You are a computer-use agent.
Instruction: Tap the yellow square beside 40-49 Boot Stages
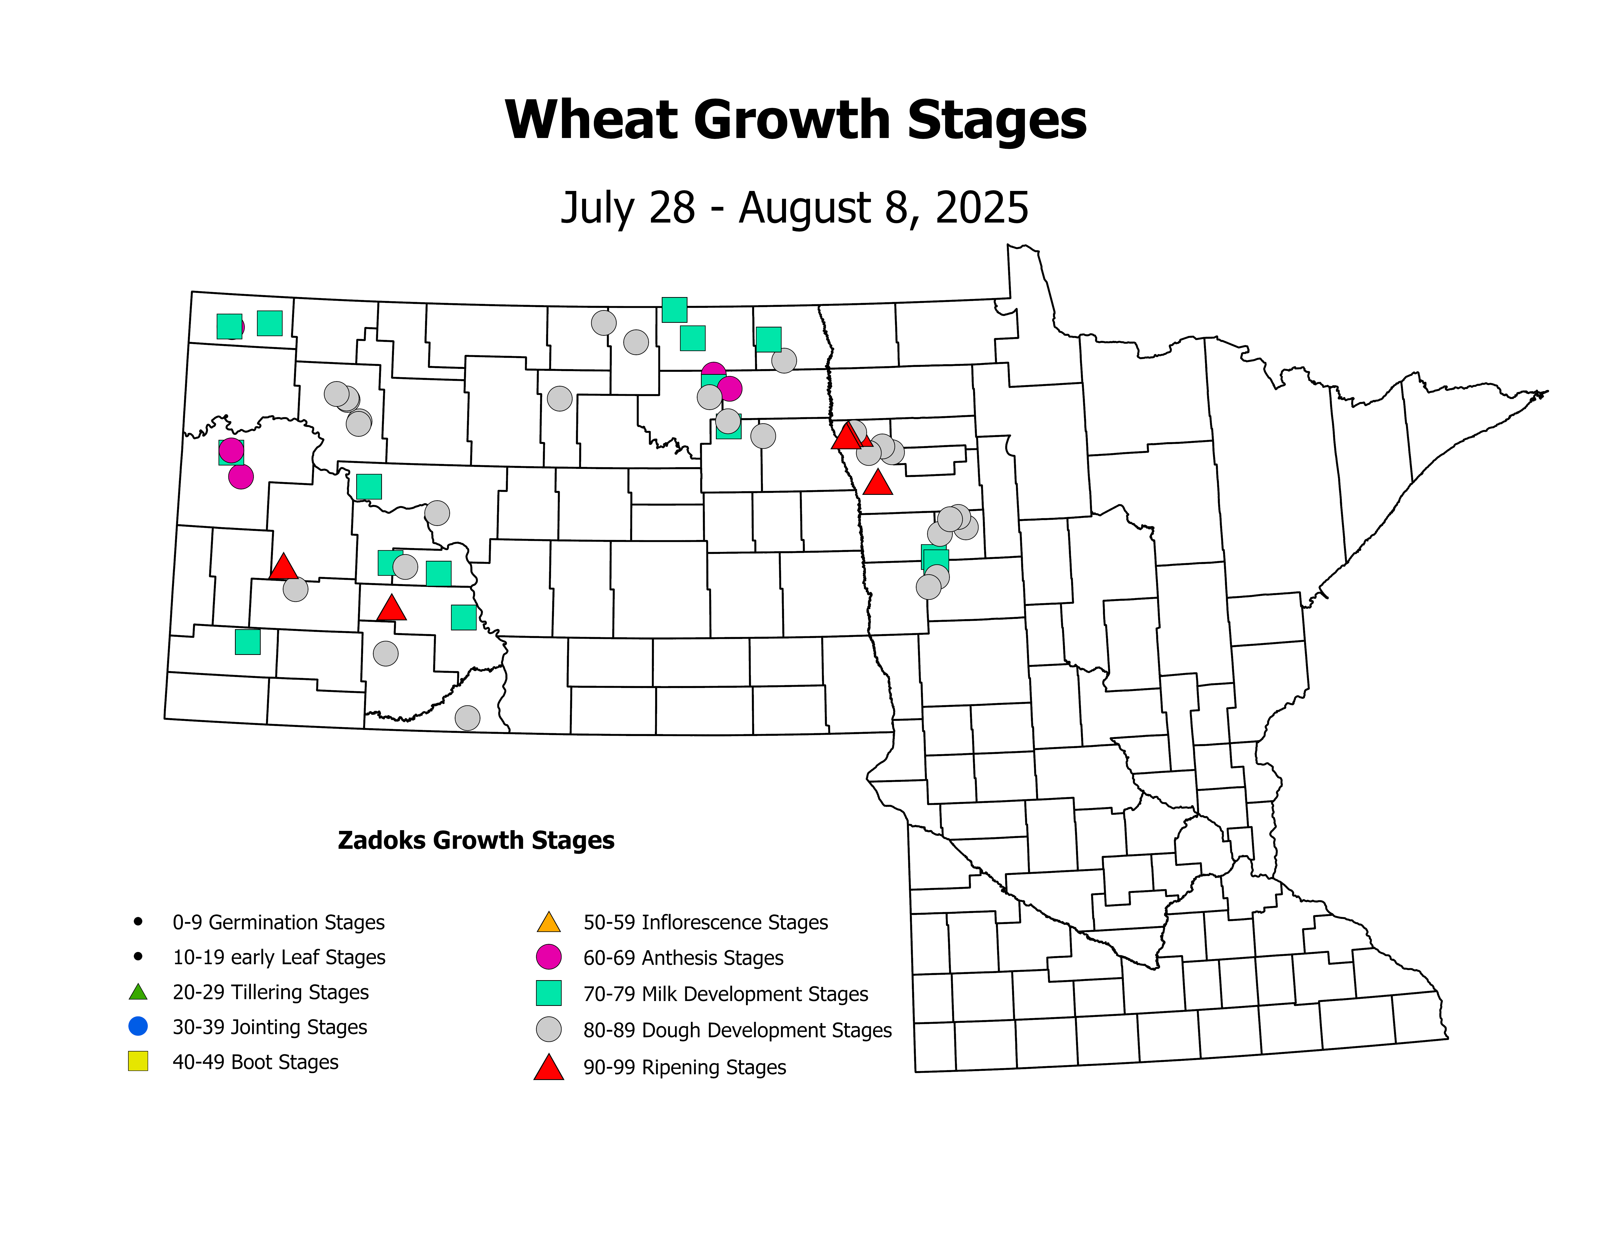coord(138,1061)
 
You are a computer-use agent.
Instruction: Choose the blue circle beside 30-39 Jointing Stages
coord(138,1026)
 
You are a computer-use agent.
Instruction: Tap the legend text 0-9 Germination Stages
coord(278,922)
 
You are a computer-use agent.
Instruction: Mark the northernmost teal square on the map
coord(674,310)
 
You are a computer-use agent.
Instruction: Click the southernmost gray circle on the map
coord(467,718)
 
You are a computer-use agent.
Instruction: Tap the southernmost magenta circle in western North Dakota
coord(241,477)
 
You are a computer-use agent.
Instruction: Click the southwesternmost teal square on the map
coord(247,642)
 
